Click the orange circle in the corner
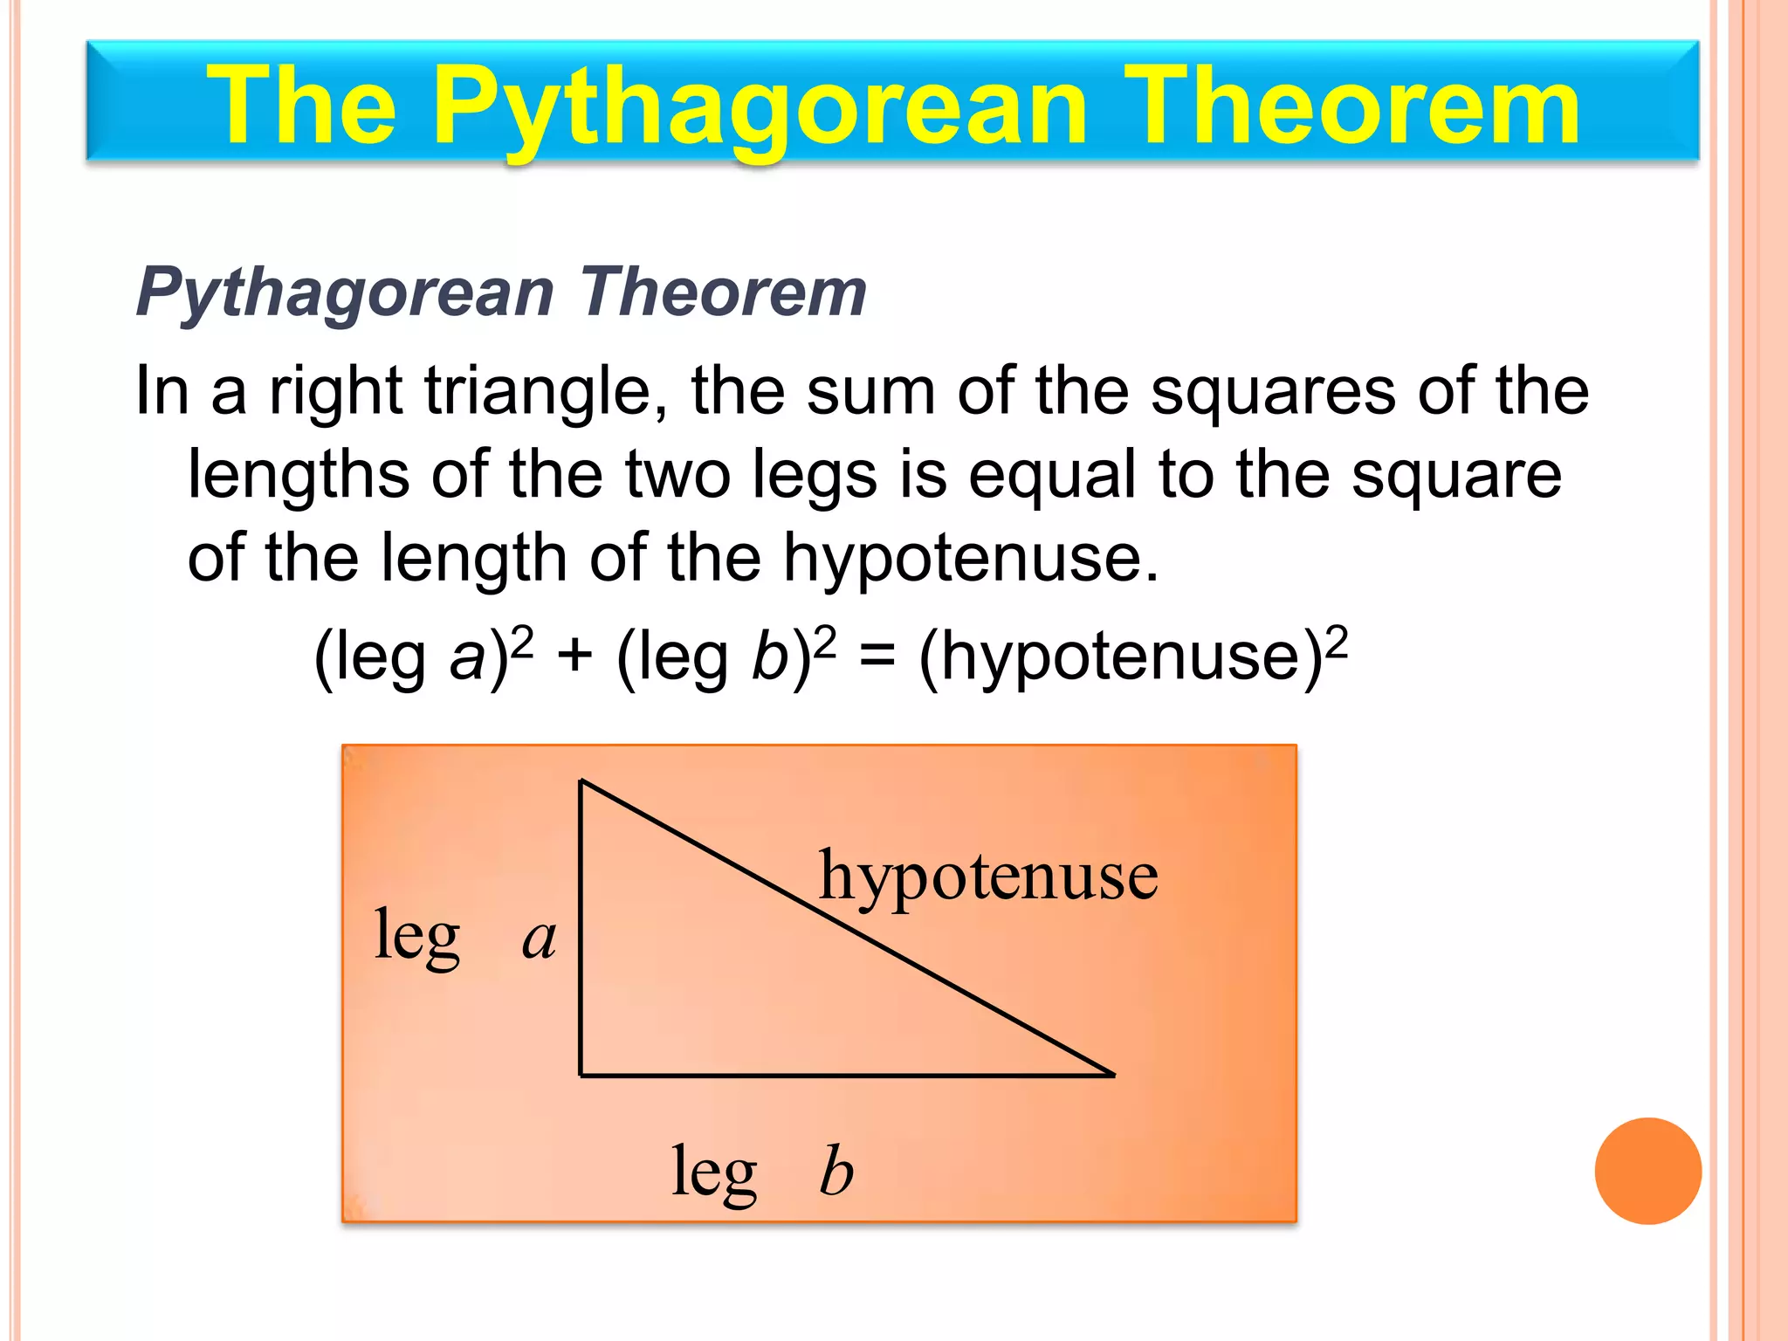pyautogui.click(x=1647, y=1171)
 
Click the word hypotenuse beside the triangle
pyautogui.click(x=988, y=877)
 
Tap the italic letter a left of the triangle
pyautogui.click(x=539, y=940)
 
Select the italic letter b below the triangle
pyautogui.click(x=836, y=1171)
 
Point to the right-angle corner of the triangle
pyautogui.click(x=581, y=1075)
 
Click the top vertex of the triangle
pyautogui.click(x=581, y=781)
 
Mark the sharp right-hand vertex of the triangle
pyautogui.click(x=1114, y=1075)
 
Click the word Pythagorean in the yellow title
pyautogui.click(x=760, y=109)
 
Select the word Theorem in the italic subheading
pyautogui.click(x=723, y=292)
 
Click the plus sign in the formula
pyautogui.click(x=574, y=657)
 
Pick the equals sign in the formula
pyautogui.click(x=877, y=657)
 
